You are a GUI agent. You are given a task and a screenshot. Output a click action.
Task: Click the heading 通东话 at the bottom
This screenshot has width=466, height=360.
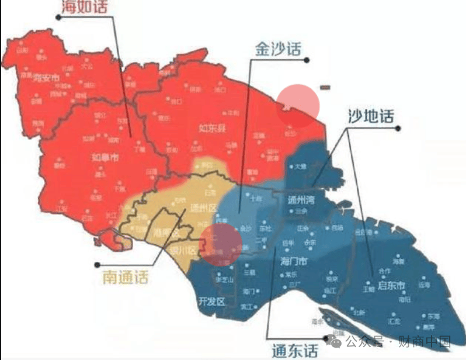pos(295,351)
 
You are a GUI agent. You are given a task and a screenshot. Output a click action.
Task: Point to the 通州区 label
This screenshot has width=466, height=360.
pos(203,208)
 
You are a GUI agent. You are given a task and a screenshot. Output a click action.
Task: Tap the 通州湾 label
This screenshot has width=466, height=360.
pos(303,199)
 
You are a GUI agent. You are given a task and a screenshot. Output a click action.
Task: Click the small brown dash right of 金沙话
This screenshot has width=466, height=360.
pos(326,88)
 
